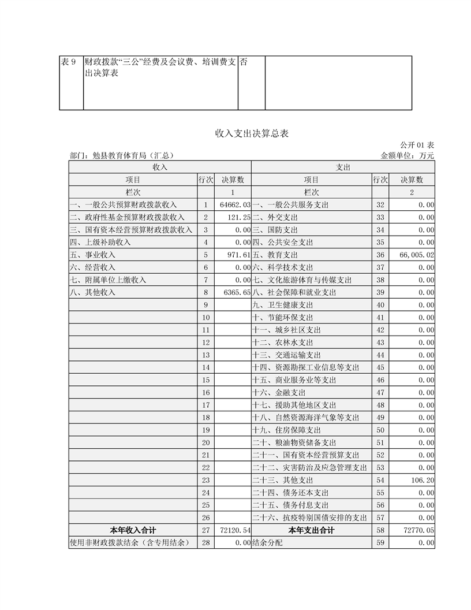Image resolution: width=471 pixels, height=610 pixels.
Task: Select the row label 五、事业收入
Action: pos(93,255)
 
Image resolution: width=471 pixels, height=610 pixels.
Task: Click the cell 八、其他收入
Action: pos(93,292)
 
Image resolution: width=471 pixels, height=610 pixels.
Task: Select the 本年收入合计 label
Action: pos(133,530)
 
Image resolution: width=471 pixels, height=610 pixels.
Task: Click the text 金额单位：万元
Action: pos(408,155)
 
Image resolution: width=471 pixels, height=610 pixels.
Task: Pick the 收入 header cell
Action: pos(160,167)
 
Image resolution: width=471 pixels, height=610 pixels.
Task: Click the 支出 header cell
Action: pos(343,167)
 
